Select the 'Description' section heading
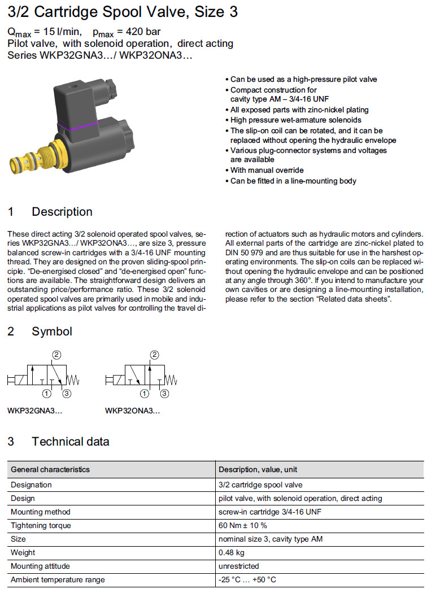pyautogui.click(x=62, y=212)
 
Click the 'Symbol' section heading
pyautogui.click(x=52, y=332)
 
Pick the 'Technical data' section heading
pyautogui.click(x=71, y=442)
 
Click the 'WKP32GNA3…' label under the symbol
pyautogui.click(x=35, y=411)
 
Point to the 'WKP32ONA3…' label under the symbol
pyautogui.click(x=133, y=411)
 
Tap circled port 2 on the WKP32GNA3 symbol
pyautogui.click(x=56, y=355)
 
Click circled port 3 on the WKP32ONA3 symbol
pyautogui.click(x=164, y=394)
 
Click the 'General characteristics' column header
pyautogui.click(x=50, y=469)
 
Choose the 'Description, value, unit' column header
pyautogui.click(x=258, y=469)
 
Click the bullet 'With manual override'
pyautogui.click(x=267, y=170)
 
